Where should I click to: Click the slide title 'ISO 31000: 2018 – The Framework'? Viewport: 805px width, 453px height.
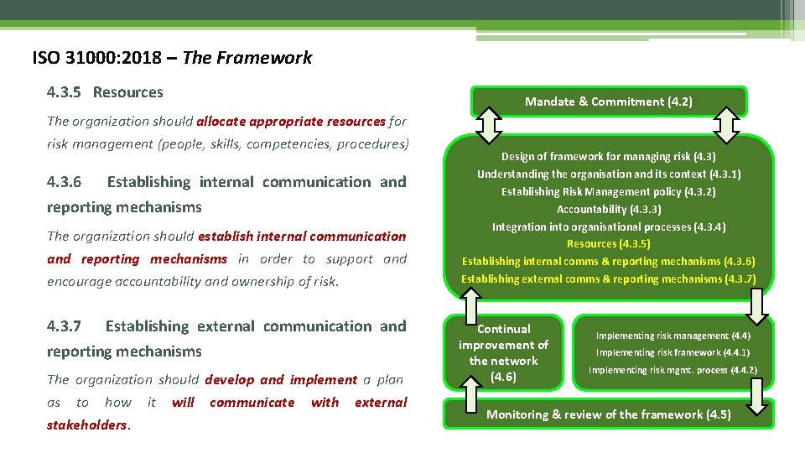172,58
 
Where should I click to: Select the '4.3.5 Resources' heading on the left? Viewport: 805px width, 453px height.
106,92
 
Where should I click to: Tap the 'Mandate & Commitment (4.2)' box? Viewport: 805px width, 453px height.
608,102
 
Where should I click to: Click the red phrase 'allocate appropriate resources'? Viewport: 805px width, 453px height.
291,121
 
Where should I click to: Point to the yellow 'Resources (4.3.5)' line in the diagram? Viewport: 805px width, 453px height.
608,244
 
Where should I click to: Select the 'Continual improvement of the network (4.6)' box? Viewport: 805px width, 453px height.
503,352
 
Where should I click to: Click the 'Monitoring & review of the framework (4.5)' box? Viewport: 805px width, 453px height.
608,414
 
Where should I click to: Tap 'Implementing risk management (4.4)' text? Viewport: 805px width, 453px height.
673,336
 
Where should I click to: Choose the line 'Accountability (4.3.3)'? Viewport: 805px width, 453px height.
608,209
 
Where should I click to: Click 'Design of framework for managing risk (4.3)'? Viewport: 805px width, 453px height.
608,156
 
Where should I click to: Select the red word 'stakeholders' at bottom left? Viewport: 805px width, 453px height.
87,424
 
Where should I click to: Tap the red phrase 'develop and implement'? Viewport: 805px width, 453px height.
281,380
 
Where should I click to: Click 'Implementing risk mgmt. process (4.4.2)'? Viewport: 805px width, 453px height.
673,370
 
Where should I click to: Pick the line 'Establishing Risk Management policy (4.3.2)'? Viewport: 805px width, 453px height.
608,191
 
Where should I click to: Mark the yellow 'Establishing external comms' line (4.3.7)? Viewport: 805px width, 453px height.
608,279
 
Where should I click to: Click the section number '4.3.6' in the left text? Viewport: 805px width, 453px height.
64,182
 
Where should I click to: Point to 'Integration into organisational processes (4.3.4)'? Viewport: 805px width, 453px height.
608,226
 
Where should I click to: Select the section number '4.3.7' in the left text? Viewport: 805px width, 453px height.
64,326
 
